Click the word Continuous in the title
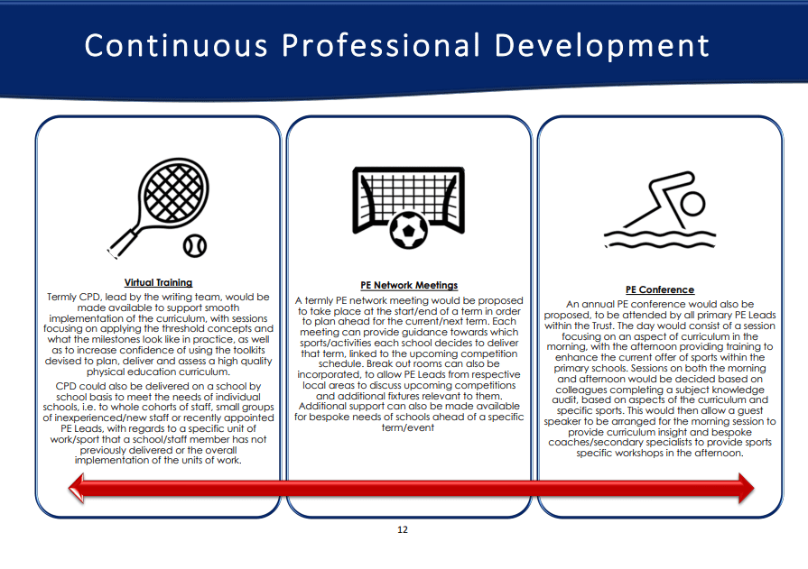point(176,45)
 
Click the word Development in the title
point(602,46)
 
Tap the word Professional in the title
point(381,45)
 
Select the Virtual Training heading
point(158,283)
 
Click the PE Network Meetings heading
point(409,285)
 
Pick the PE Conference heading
point(660,289)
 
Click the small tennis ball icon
point(195,246)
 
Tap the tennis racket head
point(173,193)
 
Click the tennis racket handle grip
point(121,243)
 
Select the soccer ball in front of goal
point(409,230)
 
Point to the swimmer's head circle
point(692,204)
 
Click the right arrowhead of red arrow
point(747,488)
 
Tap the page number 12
point(403,529)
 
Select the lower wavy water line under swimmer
point(660,243)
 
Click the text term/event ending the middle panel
point(408,427)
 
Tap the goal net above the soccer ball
point(409,193)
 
